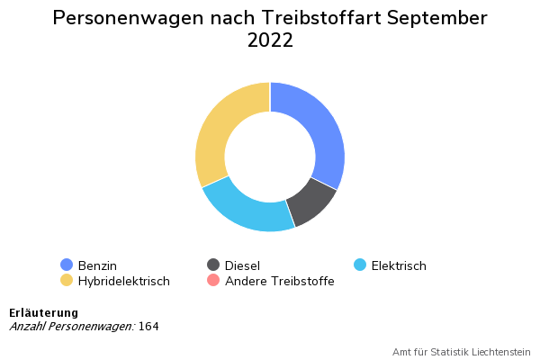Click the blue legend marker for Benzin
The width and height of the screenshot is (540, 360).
pyautogui.click(x=67, y=265)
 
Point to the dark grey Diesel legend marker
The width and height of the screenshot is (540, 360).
pyautogui.click(x=213, y=265)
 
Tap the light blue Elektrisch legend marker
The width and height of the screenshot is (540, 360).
pyautogui.click(x=360, y=265)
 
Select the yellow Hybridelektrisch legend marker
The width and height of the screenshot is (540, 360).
pyautogui.click(x=67, y=281)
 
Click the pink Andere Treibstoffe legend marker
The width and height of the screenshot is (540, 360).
pyautogui.click(x=213, y=281)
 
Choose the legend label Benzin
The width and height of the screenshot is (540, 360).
pyautogui.click(x=97, y=265)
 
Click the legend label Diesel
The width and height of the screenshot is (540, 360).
pyautogui.click(x=242, y=265)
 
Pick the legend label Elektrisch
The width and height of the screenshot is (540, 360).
pyautogui.click(x=399, y=265)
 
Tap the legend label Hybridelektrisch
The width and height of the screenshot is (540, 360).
pyautogui.click(x=124, y=282)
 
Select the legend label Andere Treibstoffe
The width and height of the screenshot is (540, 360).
pyautogui.click(x=280, y=282)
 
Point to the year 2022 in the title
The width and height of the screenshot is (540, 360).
pyautogui.click(x=270, y=41)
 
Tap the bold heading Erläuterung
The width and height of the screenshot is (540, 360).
pyautogui.click(x=43, y=312)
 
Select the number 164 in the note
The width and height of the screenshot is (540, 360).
pyautogui.click(x=148, y=326)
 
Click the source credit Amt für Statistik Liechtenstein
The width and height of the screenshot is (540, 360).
pyautogui.click(x=462, y=352)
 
